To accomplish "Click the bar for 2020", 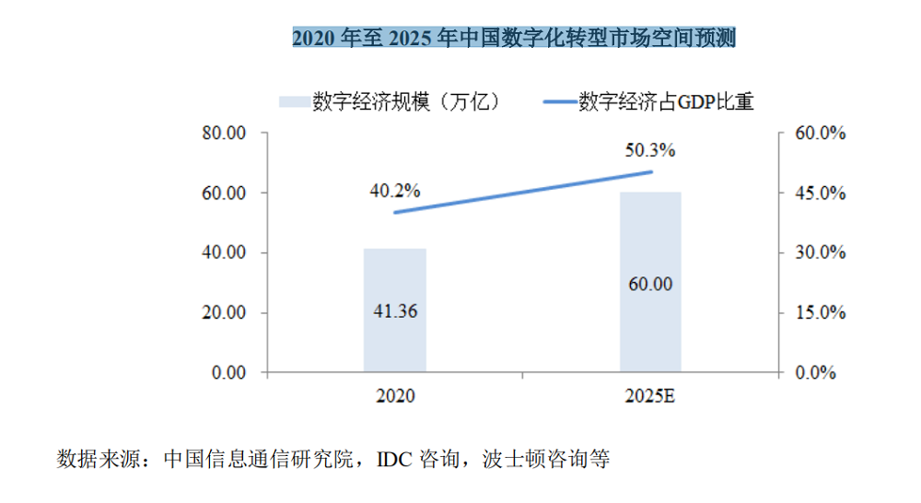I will point(395,276).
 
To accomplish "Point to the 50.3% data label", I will point(650,149).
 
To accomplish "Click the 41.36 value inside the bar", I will point(395,311).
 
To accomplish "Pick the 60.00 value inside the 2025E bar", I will point(650,284).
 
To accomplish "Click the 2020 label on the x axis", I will point(395,397).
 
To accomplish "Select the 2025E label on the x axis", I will point(650,397).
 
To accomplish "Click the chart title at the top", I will point(514,38).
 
